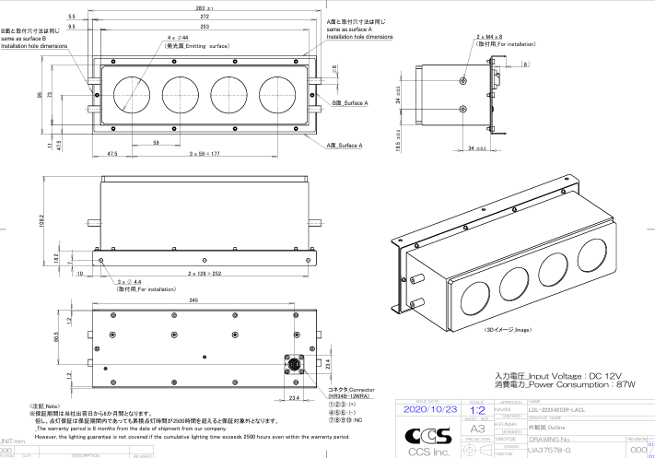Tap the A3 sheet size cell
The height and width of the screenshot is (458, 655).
click(477, 429)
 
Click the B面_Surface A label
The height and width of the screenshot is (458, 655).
click(349, 103)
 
